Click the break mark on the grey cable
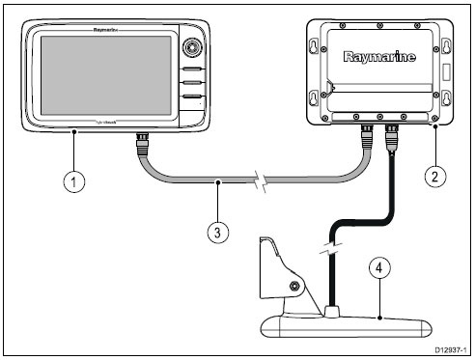(x=258, y=180)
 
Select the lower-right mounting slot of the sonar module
(x=446, y=98)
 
